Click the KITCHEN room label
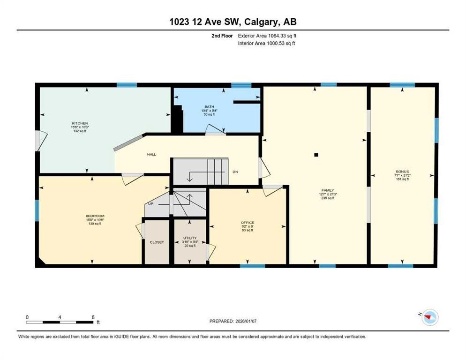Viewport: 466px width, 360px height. point(77,122)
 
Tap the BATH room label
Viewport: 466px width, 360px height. point(209,106)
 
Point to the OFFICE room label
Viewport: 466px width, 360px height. point(247,222)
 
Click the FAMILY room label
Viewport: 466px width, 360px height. point(328,190)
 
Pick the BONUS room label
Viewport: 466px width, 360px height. point(402,172)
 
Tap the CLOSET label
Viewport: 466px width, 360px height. point(157,242)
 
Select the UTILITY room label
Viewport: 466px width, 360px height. point(190,238)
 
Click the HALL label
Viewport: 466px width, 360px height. point(151,154)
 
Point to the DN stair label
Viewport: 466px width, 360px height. point(236,172)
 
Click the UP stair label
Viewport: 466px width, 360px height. point(150,204)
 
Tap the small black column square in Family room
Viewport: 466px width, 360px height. point(316,154)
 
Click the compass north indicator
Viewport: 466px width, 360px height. point(428,318)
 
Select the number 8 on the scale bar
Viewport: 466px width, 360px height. point(93,317)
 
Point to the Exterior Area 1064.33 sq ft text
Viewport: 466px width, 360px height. point(267,36)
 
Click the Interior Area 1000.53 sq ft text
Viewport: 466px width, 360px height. point(266,43)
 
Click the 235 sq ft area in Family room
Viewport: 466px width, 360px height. point(328,199)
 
